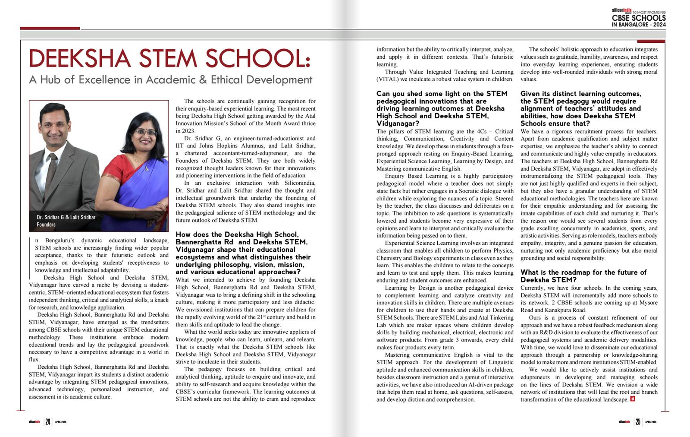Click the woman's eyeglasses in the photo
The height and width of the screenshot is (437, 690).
[x=146, y=132]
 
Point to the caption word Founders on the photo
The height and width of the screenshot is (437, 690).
[x=46, y=225]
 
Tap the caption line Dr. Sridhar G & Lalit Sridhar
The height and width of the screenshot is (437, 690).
[x=66, y=217]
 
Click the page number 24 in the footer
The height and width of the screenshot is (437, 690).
[x=48, y=421]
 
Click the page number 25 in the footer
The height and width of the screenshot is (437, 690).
[x=638, y=421]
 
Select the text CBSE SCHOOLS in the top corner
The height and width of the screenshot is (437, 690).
[x=639, y=18]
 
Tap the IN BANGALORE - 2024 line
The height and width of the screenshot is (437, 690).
[x=639, y=25]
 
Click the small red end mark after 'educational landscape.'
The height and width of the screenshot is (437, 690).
[x=633, y=399]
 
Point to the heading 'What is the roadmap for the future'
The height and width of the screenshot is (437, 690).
[x=583, y=272]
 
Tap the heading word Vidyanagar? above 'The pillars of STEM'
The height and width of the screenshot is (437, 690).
[x=398, y=123]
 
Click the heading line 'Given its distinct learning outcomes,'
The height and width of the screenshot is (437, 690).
[x=580, y=94]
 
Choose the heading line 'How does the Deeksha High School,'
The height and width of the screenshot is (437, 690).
[x=237, y=234]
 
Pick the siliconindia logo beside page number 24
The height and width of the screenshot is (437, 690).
[x=34, y=421]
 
